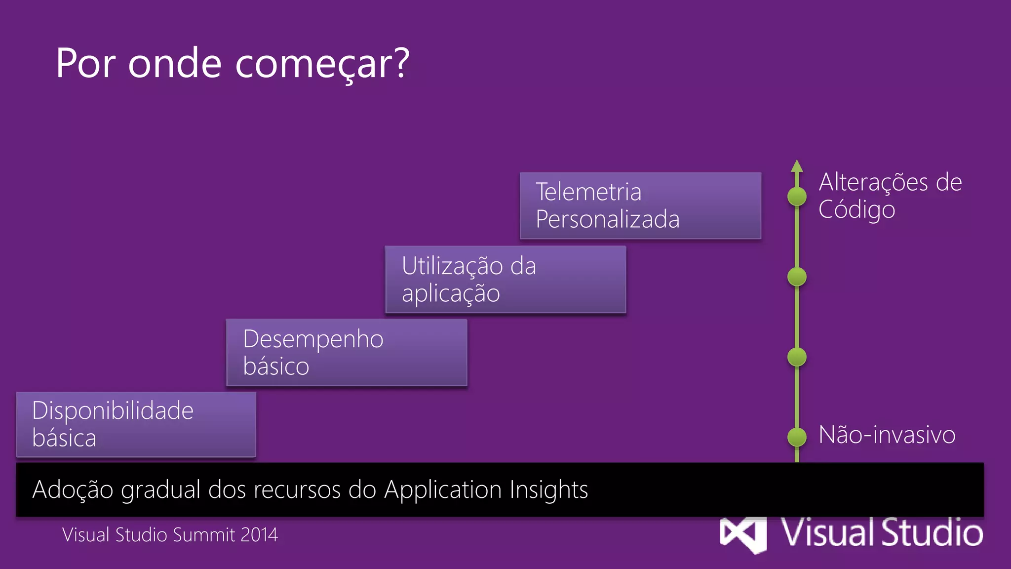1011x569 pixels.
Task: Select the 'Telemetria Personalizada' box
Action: [640, 205]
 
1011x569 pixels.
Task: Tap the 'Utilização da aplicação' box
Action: [505, 280]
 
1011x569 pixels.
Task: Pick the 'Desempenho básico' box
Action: [346, 353]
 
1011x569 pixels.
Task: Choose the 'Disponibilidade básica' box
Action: [136, 425]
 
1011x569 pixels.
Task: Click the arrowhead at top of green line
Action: [796, 166]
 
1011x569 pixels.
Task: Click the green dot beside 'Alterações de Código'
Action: [796, 197]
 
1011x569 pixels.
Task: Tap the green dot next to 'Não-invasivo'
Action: [796, 437]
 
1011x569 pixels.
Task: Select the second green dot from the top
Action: [796, 277]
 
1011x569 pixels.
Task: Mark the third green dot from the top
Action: [796, 357]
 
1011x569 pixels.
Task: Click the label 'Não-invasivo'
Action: [887, 435]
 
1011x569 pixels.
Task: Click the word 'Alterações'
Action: [873, 182]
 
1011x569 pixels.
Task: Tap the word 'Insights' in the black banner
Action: [548, 489]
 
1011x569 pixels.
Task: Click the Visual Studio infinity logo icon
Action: [743, 535]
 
